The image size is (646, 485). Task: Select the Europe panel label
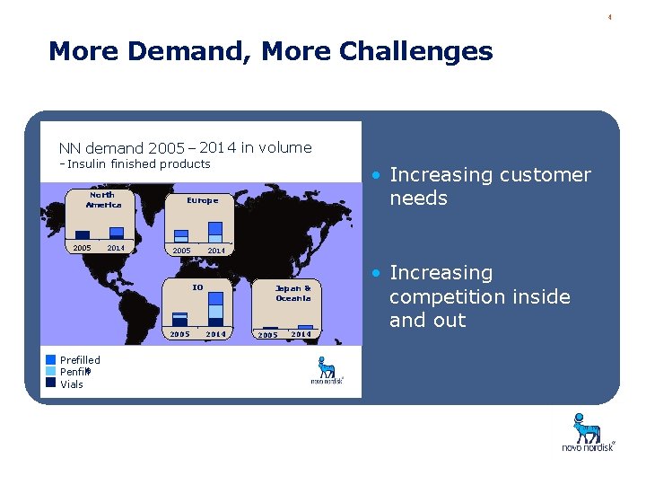pos(202,200)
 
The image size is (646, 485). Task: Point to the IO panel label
pos(197,287)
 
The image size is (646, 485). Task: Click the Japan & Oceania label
pos(293,293)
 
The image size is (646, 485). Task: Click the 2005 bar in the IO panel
pos(180,319)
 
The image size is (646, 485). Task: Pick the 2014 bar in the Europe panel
pos(216,231)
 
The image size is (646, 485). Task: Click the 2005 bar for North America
pos(83,235)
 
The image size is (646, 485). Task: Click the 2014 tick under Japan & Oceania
pos(301,334)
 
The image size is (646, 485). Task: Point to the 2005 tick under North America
pos(82,248)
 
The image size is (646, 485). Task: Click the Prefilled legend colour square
pos(51,359)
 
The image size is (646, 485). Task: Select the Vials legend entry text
pos(72,384)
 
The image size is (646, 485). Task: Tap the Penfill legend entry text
pos(74,372)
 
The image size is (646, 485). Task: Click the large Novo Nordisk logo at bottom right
pos(588,432)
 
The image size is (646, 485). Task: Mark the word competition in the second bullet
pos(480,296)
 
